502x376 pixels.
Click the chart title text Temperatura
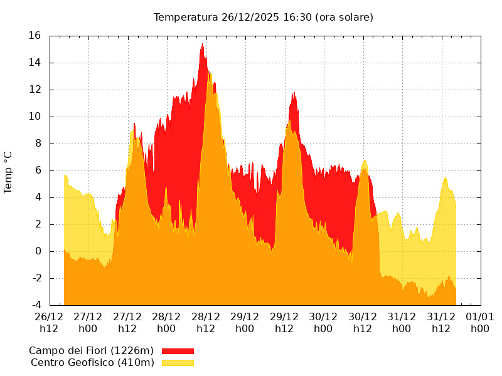pyautogui.click(x=186, y=17)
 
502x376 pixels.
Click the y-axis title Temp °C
pyautogui.click(x=8, y=172)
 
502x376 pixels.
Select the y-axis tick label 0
pyautogui.click(x=38, y=251)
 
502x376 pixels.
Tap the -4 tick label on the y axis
pyautogui.click(x=36, y=305)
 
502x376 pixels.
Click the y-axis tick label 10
pyautogui.click(x=35, y=117)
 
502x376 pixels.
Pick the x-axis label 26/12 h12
pyautogui.click(x=49, y=322)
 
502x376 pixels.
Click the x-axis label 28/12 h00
pyautogui.click(x=166, y=322)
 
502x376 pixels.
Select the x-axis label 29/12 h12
pyautogui.click(x=284, y=322)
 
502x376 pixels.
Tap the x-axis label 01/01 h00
pyautogui.click(x=480, y=322)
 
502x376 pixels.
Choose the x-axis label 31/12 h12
pyautogui.click(x=441, y=322)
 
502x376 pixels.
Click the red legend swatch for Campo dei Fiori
pyautogui.click(x=178, y=351)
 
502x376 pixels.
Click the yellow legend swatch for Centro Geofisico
pyautogui.click(x=178, y=363)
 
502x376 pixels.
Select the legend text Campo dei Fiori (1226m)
pyautogui.click(x=91, y=351)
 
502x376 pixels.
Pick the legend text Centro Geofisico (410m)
pyautogui.click(x=92, y=363)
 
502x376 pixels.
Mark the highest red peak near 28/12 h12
pyautogui.click(x=202, y=44)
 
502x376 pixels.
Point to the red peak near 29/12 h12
pyautogui.click(x=293, y=93)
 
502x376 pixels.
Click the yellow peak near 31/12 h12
pyautogui.click(x=445, y=177)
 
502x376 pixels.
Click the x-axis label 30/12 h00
pyautogui.click(x=323, y=322)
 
